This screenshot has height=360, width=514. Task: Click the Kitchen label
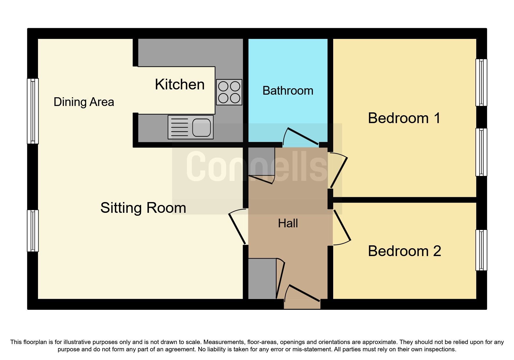click(x=180, y=84)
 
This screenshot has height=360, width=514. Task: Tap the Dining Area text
click(x=84, y=102)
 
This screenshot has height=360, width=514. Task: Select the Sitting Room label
click(x=143, y=208)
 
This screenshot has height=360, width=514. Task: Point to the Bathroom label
click(x=288, y=91)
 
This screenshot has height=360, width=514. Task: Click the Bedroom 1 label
click(x=404, y=118)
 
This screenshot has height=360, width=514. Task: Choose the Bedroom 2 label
click(x=404, y=251)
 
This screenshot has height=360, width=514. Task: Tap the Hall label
click(x=288, y=223)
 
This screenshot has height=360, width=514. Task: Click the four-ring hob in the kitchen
click(x=229, y=92)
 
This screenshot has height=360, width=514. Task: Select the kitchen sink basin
click(x=201, y=127)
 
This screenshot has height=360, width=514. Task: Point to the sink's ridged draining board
click(x=180, y=127)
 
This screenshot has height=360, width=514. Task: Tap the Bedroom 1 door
click(x=339, y=171)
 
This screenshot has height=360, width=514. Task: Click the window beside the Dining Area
click(x=33, y=111)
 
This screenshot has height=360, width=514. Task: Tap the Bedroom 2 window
click(x=481, y=250)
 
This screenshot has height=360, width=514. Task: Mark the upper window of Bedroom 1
click(x=481, y=82)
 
